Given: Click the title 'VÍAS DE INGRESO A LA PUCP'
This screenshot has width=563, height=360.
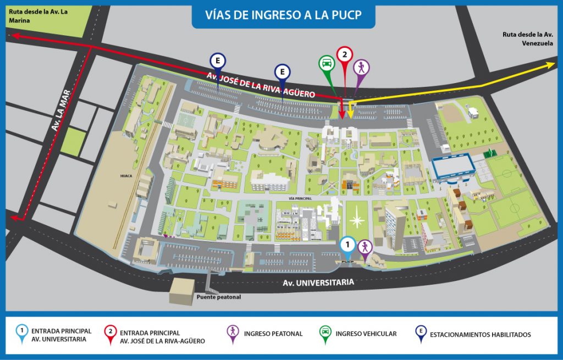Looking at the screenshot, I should [283, 14].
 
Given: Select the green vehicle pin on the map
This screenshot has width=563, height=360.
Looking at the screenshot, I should [327, 64].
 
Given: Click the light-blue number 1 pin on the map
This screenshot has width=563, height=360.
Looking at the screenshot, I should [347, 244].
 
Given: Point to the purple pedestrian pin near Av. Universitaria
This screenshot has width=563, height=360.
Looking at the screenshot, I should [365, 247].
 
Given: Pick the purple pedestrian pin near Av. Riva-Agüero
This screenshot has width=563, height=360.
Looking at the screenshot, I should [361, 68].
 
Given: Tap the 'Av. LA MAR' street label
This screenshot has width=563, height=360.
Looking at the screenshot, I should [62, 110].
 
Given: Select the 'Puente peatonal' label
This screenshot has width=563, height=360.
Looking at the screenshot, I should [219, 297].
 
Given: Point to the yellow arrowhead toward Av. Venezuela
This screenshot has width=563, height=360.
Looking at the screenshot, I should [551, 64].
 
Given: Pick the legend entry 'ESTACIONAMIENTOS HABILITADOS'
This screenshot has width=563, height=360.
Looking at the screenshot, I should [480, 334].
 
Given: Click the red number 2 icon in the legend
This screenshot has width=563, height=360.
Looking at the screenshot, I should [111, 332].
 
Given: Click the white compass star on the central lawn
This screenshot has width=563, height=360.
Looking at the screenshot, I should [357, 221].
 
